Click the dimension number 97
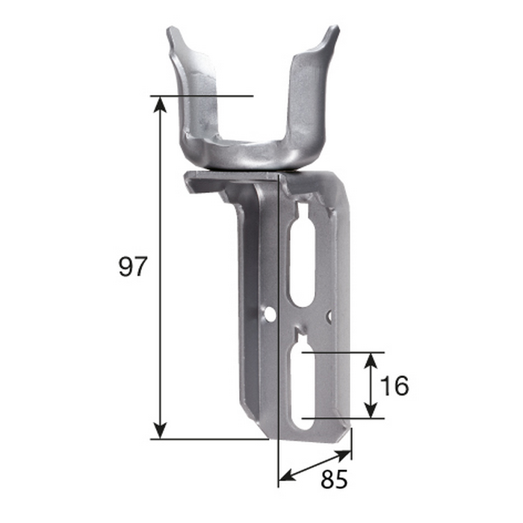pos(133,266)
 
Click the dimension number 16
pos(394,386)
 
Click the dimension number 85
pos(334,480)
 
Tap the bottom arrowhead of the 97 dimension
pos(161,430)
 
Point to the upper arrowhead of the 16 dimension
pos(371,361)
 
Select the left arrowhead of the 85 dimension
pos(287,475)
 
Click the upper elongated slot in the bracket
pos(303,261)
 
